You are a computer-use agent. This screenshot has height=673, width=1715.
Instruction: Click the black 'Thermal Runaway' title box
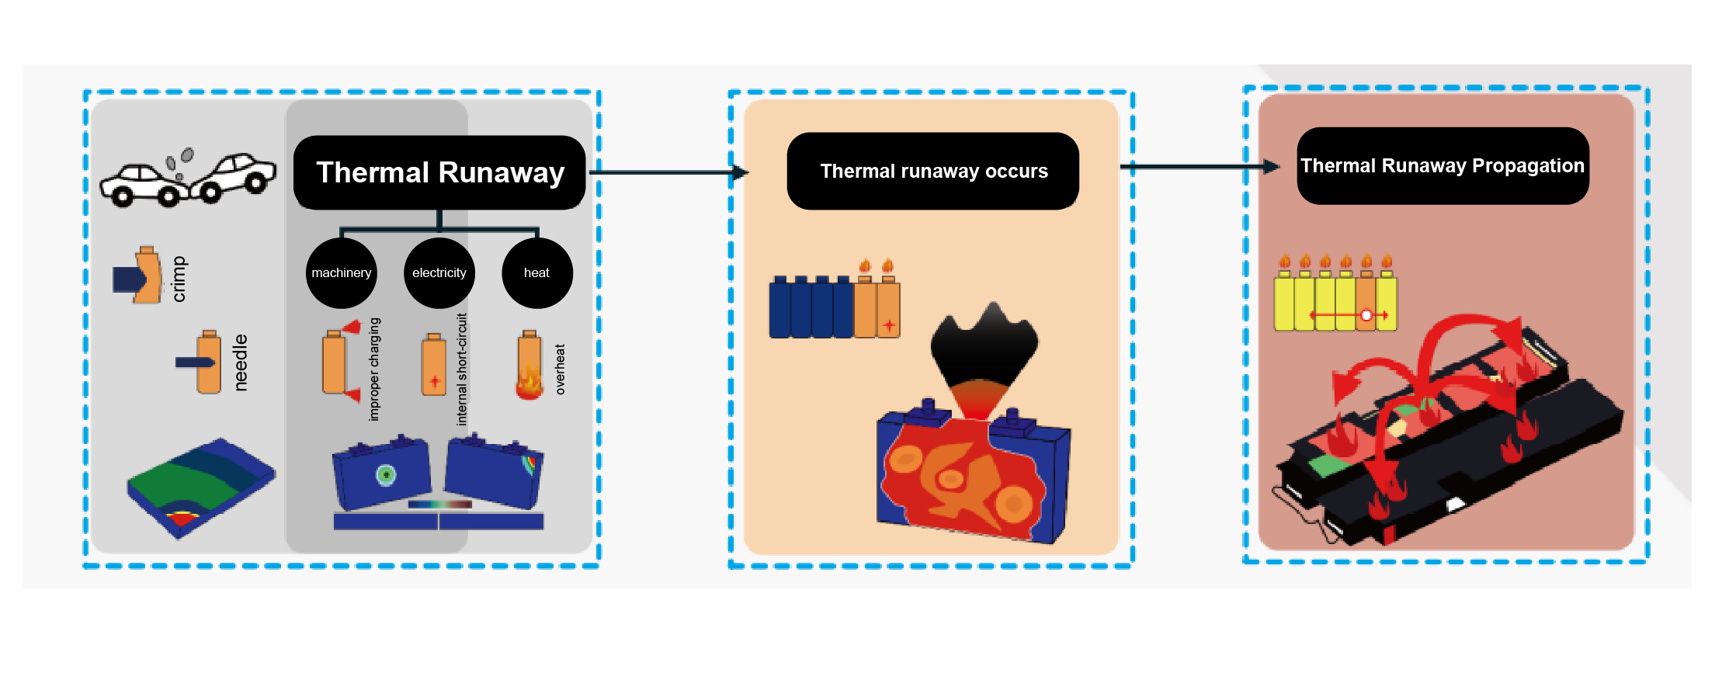(439, 172)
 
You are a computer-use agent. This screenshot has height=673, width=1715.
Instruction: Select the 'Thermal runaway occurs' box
(933, 171)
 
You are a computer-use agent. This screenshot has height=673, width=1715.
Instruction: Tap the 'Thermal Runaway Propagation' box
(1442, 166)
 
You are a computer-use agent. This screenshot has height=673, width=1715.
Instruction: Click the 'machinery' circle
(342, 273)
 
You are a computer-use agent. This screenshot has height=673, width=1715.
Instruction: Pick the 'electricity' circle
(439, 273)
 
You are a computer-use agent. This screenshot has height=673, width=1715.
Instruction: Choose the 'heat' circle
(536, 273)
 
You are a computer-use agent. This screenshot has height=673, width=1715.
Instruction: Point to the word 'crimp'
(179, 279)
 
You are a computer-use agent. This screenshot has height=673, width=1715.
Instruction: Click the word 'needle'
(241, 363)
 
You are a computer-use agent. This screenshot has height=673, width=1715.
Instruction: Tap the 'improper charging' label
(374, 369)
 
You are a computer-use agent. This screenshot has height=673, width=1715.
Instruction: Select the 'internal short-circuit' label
(462, 369)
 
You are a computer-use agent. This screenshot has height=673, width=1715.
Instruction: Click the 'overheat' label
(560, 369)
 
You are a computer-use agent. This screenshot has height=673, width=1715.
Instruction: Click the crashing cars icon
(187, 179)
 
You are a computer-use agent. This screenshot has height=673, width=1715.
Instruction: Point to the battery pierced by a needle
(207, 363)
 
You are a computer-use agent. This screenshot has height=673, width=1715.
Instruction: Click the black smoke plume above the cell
(984, 345)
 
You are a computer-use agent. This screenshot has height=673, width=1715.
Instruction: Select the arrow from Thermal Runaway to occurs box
(668, 172)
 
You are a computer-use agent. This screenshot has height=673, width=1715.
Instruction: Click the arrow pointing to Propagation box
(1199, 167)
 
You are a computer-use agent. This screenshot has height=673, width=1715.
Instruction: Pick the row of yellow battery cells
(1335, 303)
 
